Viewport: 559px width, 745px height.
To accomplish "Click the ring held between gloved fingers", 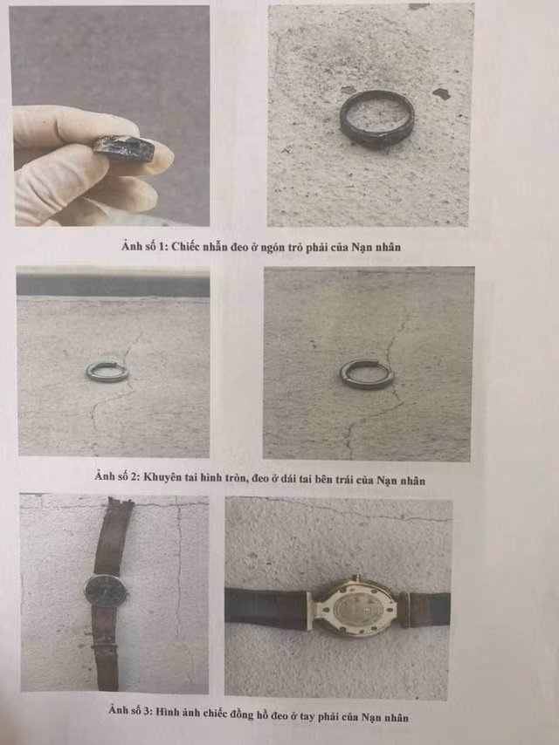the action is click(x=124, y=148).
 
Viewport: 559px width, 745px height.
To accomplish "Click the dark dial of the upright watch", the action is click(x=106, y=591).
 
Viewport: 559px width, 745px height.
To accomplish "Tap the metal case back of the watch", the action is click(x=355, y=609).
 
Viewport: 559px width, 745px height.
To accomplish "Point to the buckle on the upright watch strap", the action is click(x=104, y=647).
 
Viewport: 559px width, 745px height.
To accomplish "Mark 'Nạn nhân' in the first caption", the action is click(x=376, y=247).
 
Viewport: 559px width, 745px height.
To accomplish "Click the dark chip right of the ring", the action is click(x=442, y=93).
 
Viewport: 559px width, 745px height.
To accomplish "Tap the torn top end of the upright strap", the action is click(x=120, y=501).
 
